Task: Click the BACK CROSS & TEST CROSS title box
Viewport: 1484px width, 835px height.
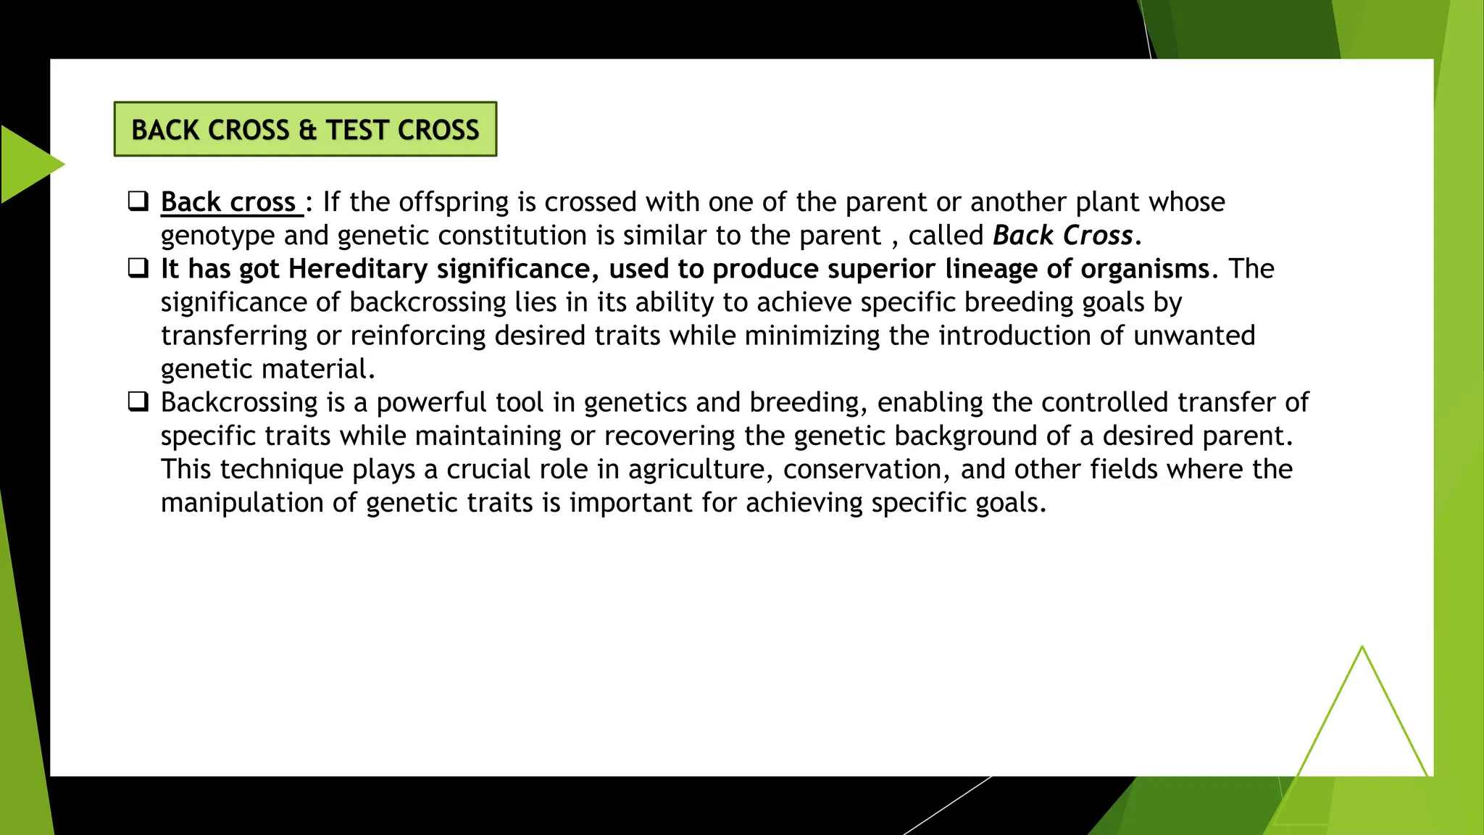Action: click(305, 129)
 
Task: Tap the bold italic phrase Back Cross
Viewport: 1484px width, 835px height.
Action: click(1062, 236)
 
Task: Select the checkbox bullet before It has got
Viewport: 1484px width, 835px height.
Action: click(138, 268)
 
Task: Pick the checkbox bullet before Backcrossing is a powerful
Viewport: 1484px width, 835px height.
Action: click(138, 402)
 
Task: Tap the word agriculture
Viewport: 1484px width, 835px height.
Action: click(696, 469)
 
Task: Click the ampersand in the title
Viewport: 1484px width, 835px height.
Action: click(307, 130)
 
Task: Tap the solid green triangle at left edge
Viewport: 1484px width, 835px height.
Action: click(25, 164)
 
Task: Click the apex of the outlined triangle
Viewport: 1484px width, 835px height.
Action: click(1362, 648)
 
